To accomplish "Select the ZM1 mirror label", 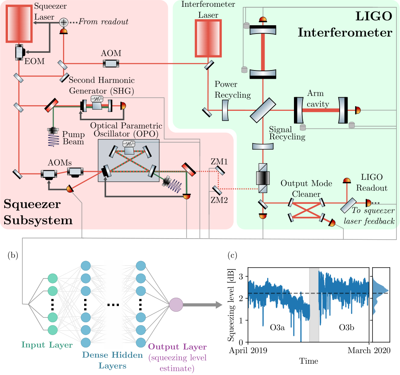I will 219,161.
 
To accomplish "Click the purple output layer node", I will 176,305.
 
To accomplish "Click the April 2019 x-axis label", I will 248,351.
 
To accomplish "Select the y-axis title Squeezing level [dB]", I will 231,305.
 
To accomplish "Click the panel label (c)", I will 232,256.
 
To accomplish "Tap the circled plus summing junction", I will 64,22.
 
